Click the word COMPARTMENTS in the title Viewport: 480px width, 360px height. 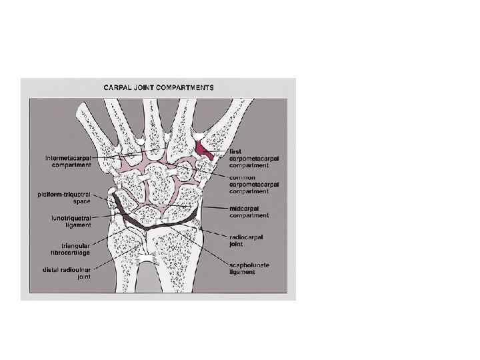coord(184,87)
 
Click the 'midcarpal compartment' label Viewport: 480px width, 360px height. coord(249,212)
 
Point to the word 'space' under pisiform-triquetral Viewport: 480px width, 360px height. coord(81,202)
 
